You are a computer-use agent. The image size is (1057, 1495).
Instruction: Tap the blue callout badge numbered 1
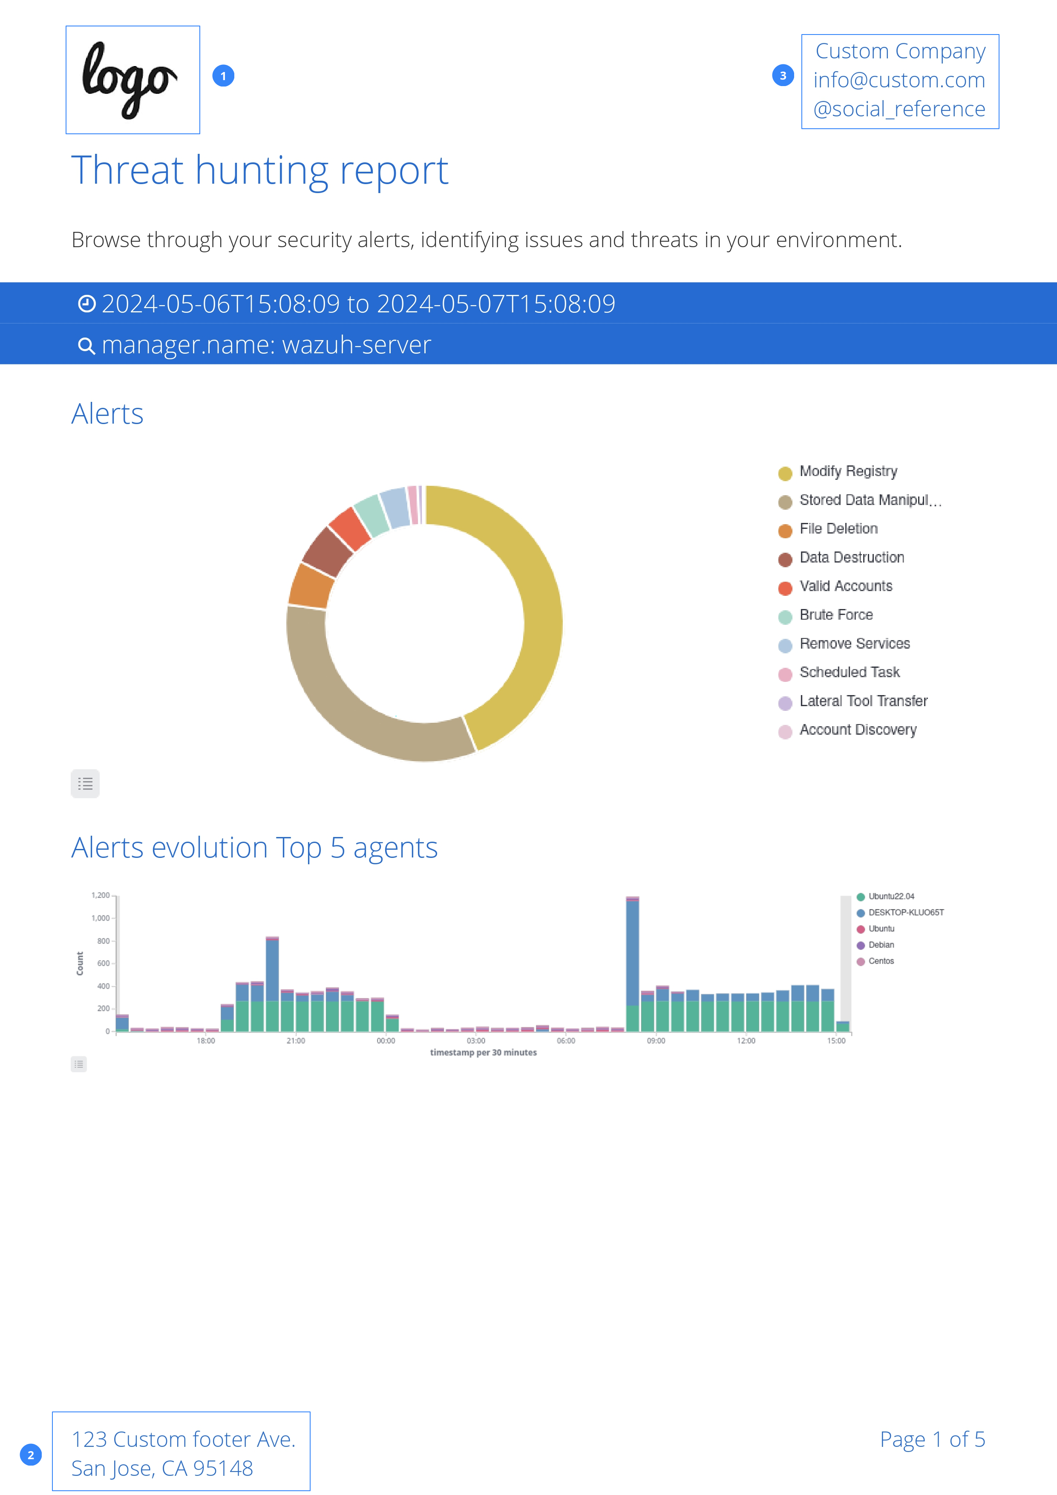pyautogui.click(x=223, y=76)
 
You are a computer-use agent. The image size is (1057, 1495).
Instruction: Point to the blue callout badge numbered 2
pyautogui.click(x=31, y=1455)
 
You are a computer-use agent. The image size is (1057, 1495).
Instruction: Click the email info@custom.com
pyautogui.click(x=899, y=80)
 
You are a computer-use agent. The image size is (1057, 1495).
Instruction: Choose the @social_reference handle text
pyautogui.click(x=899, y=109)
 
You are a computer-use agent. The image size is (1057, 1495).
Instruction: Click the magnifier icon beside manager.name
pyautogui.click(x=86, y=346)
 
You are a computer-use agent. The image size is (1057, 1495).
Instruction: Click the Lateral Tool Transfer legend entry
pyautogui.click(x=863, y=701)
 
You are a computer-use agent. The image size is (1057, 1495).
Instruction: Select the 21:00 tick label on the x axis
pyautogui.click(x=296, y=1041)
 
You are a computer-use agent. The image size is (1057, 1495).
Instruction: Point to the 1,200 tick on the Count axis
pyautogui.click(x=100, y=896)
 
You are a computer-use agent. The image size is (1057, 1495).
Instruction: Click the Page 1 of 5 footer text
pyautogui.click(x=932, y=1440)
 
